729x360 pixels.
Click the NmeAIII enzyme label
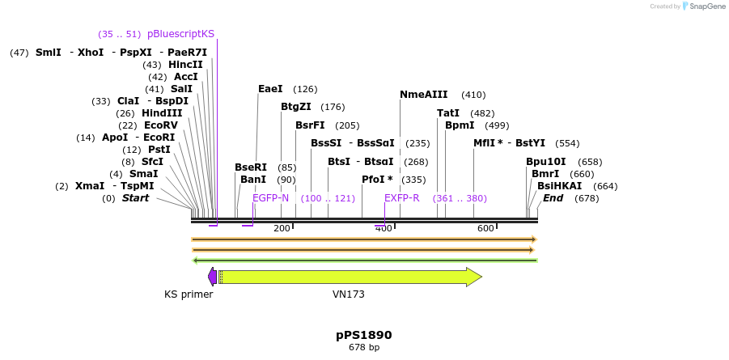[x=424, y=95]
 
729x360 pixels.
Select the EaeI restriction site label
[x=270, y=89]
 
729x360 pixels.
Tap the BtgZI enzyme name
[x=295, y=107]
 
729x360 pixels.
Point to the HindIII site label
[x=162, y=113]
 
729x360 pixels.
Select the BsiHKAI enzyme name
[x=559, y=186]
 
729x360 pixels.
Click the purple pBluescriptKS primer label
[x=180, y=34]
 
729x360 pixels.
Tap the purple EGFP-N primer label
[x=270, y=198]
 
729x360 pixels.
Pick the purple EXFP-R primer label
[x=401, y=198]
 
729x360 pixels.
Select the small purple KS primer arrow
[x=212, y=277]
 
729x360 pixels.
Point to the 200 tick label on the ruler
[x=282, y=229]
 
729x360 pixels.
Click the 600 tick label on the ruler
[x=485, y=229]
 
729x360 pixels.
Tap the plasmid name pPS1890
[x=364, y=334]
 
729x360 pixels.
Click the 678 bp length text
[x=364, y=348]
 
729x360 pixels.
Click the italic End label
[x=553, y=198]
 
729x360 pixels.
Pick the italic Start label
[x=135, y=198]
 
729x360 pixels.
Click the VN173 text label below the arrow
[x=349, y=294]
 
